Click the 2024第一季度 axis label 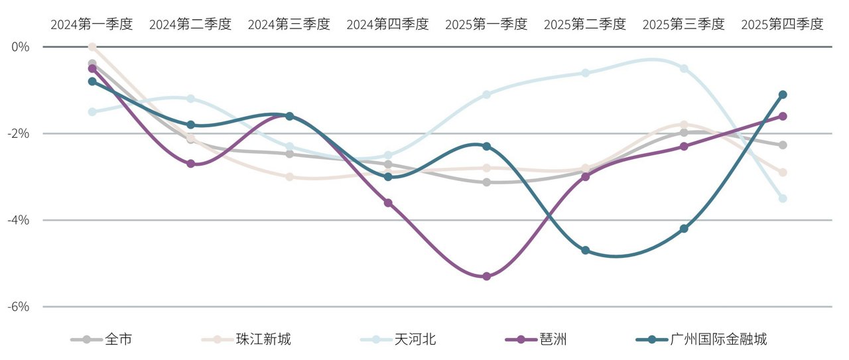pyautogui.click(x=92, y=25)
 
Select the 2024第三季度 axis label pyautogui.click(x=289, y=25)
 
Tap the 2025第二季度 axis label pyautogui.click(x=584, y=25)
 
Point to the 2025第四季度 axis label pyautogui.click(x=782, y=25)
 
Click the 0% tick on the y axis pyautogui.click(x=21, y=47)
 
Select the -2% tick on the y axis pyautogui.click(x=20, y=133)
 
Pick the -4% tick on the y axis pyautogui.click(x=20, y=220)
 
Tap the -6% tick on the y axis pyautogui.click(x=20, y=307)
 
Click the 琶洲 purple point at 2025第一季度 pyautogui.click(x=486, y=276)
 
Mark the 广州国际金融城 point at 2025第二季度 pyautogui.click(x=585, y=251)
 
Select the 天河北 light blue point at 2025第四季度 pyautogui.click(x=783, y=198)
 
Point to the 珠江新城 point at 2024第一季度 pyautogui.click(x=92, y=47)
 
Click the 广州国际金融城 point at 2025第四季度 pyautogui.click(x=783, y=95)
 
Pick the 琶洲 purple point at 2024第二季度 pyautogui.click(x=190, y=164)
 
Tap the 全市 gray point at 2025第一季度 pyautogui.click(x=486, y=182)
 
